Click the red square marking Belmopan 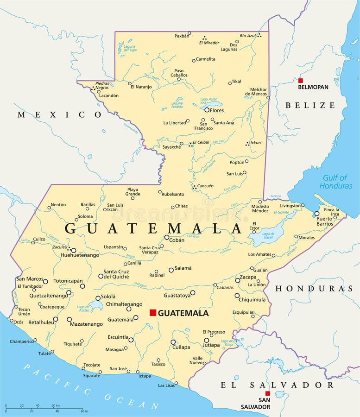(300, 81)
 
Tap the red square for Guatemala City (152, 313)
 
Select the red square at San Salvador (267, 393)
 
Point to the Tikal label (236, 82)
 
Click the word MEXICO (59, 114)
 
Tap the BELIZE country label (309, 105)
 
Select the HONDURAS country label (314, 289)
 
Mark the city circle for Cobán (167, 237)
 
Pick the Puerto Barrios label (324, 221)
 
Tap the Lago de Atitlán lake (96, 305)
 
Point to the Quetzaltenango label (48, 295)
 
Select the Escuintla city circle (131, 340)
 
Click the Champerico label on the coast (21, 341)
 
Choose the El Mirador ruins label (209, 43)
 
